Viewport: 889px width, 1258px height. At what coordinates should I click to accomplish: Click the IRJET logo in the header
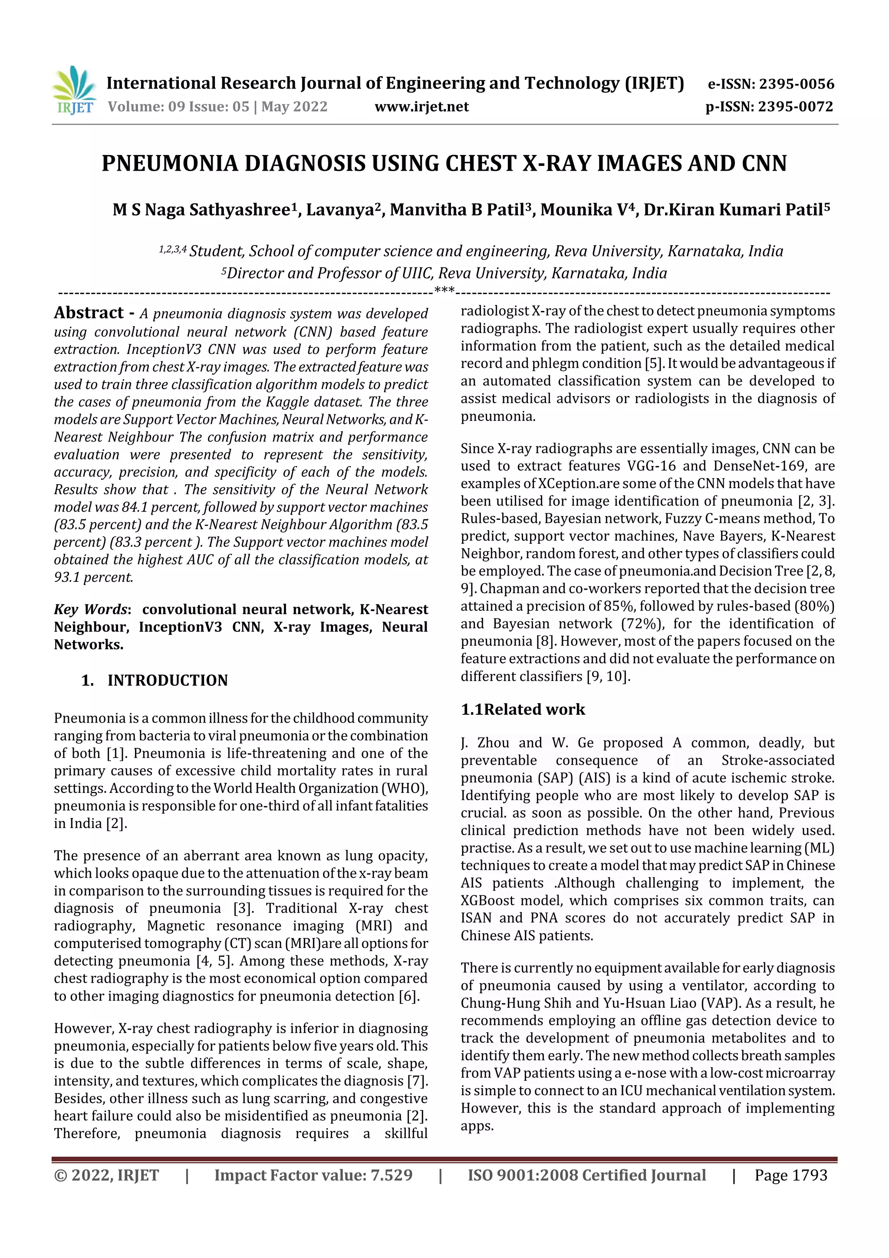point(74,90)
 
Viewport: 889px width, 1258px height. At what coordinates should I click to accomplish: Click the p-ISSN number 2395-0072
point(795,107)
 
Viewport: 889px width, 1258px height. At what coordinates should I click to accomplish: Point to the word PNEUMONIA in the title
point(170,164)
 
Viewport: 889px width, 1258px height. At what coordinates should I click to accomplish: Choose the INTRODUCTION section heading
point(167,680)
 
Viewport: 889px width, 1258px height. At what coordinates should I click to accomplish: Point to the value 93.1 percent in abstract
point(93,577)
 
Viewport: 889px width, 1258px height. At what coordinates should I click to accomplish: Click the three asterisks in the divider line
point(444,290)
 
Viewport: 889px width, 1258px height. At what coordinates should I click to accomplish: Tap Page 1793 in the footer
point(790,1175)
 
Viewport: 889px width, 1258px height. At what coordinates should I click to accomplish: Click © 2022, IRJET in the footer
point(106,1175)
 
